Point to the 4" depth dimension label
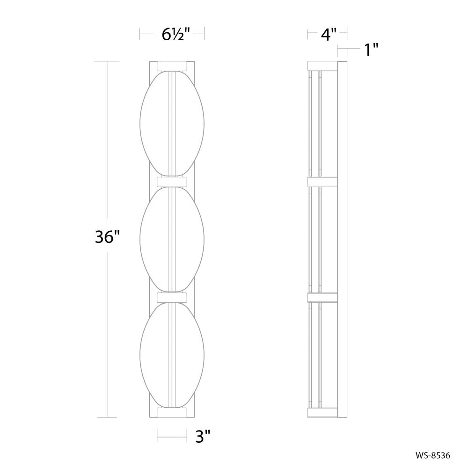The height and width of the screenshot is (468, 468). (327, 34)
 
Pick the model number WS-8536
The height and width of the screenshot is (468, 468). (433, 454)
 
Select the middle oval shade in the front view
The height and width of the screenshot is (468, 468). (172, 239)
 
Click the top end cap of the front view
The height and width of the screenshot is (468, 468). (172, 66)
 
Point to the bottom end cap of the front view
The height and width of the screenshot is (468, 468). (172, 412)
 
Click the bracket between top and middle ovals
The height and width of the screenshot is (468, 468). (172, 181)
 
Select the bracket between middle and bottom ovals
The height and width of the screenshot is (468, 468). (172, 297)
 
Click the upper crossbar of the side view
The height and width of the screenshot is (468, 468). (322, 181)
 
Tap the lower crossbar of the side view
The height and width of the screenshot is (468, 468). (322, 297)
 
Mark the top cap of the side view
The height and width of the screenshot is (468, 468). (322, 66)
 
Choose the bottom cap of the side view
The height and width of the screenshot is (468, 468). (322, 412)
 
